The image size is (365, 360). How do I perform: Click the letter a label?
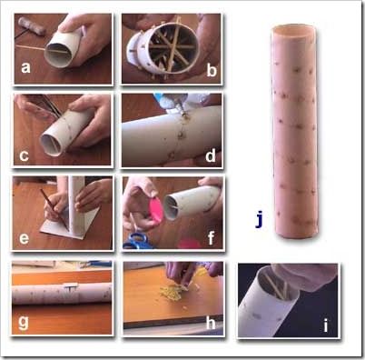[x=25, y=67]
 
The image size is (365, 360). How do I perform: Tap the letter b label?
[x=212, y=71]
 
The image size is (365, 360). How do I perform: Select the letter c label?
[x=24, y=155]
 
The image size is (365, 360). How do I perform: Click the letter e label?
[x=25, y=238]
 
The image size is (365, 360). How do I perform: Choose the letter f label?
[x=211, y=238]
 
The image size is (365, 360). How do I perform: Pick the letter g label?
[x=24, y=323]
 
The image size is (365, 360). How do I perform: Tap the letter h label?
[x=211, y=323]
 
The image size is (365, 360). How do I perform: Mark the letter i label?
[x=326, y=325]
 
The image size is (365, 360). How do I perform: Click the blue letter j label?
[x=259, y=220]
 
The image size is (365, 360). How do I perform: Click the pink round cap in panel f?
[x=156, y=211]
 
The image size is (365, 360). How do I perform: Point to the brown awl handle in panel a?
[x=32, y=25]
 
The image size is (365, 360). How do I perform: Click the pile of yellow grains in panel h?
[x=172, y=293]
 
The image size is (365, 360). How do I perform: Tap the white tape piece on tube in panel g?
[x=71, y=286]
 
